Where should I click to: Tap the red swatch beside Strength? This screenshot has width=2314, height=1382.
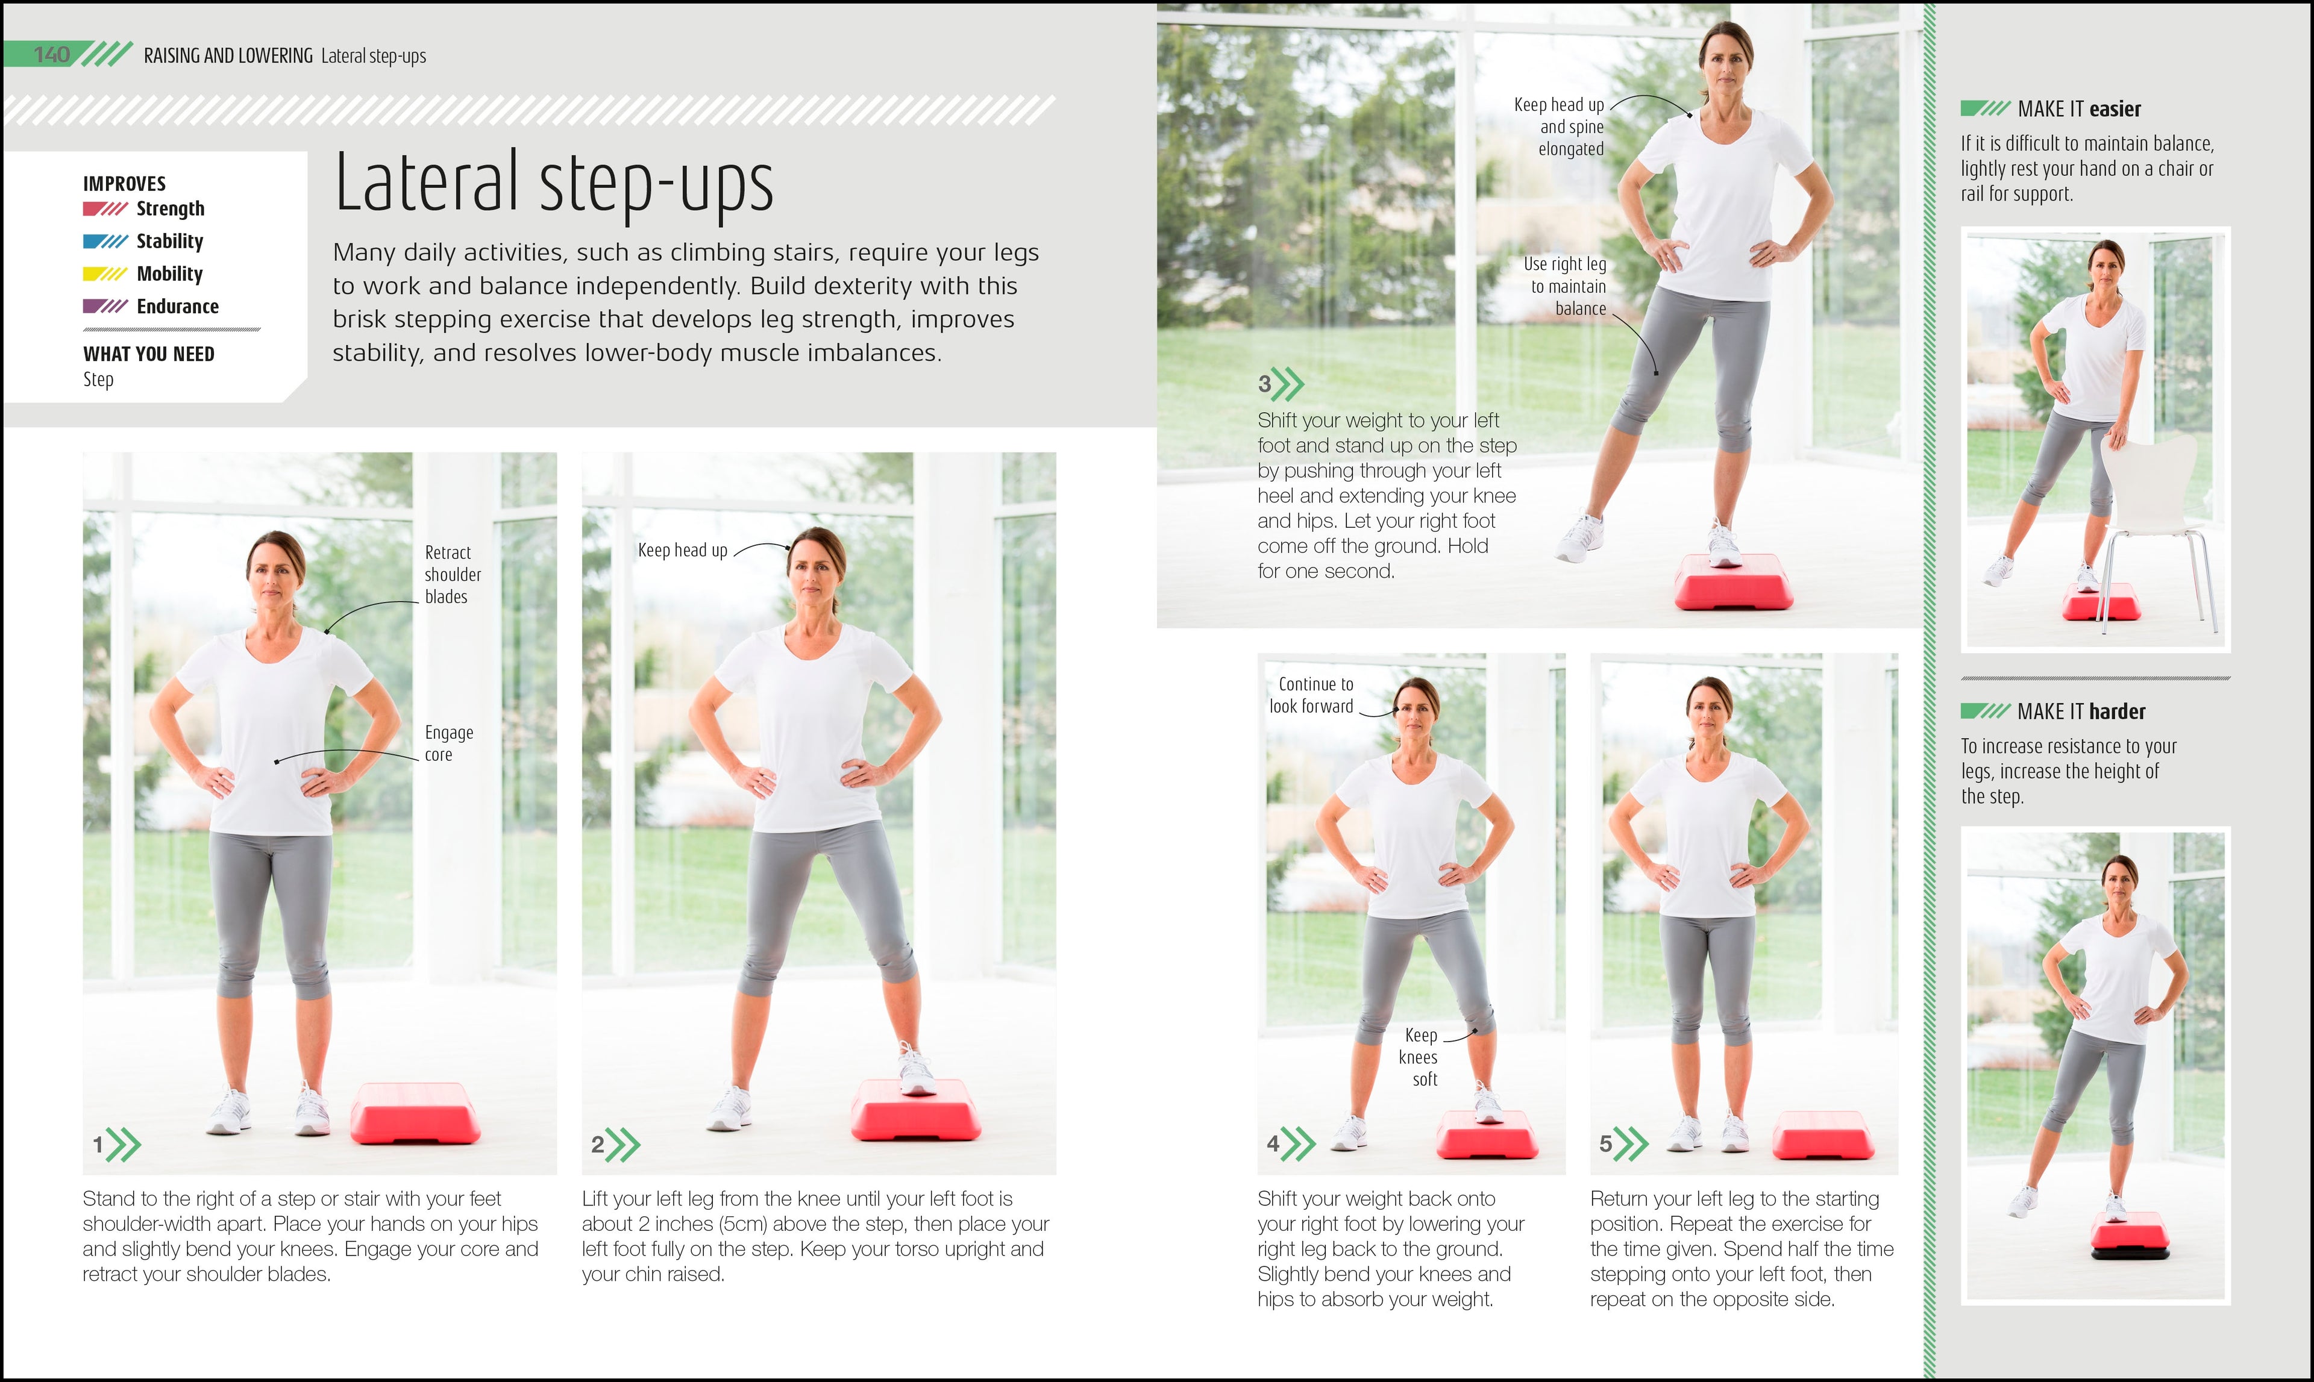point(104,208)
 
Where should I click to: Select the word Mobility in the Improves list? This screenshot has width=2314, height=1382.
point(169,274)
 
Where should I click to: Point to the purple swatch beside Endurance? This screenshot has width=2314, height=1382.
point(104,307)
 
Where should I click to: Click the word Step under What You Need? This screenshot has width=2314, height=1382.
point(98,380)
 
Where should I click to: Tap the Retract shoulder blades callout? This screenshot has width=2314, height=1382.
point(452,575)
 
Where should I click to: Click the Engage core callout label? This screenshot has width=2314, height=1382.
point(448,743)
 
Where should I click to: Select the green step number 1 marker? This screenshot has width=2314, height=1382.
point(116,1145)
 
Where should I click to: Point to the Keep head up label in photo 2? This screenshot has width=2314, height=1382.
point(682,551)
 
